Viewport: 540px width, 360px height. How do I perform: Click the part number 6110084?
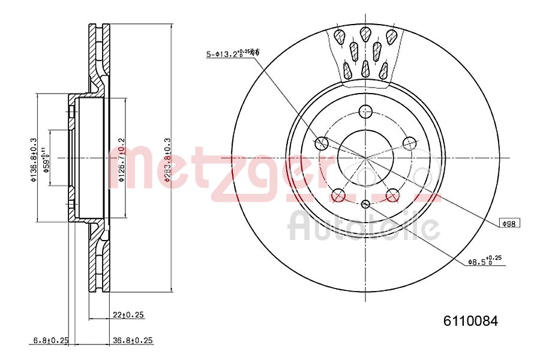pos(470,321)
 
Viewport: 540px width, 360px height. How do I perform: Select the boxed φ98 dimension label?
pos(510,223)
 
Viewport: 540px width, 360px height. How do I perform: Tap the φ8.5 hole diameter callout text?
pos(484,261)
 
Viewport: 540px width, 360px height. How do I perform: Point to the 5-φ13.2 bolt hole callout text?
pos(233,54)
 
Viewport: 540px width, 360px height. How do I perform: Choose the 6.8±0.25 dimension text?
pos(51,341)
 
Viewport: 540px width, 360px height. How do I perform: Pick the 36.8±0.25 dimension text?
pos(133,341)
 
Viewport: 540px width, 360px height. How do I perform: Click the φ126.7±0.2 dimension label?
pos(122,158)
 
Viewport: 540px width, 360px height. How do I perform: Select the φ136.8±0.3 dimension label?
pos(34,158)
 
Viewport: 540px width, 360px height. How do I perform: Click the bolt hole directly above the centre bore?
pos(365,111)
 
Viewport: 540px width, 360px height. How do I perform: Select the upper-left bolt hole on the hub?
pos(322,143)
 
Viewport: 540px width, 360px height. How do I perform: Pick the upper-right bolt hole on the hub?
pos(409,143)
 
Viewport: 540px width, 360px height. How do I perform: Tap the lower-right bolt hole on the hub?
pos(392,194)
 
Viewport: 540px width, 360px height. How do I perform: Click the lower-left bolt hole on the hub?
pos(338,194)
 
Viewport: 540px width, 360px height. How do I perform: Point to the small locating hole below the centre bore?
pos(365,205)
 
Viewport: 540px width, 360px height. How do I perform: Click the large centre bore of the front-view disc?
pos(365,158)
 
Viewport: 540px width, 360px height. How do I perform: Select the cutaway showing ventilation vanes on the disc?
pos(364,54)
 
